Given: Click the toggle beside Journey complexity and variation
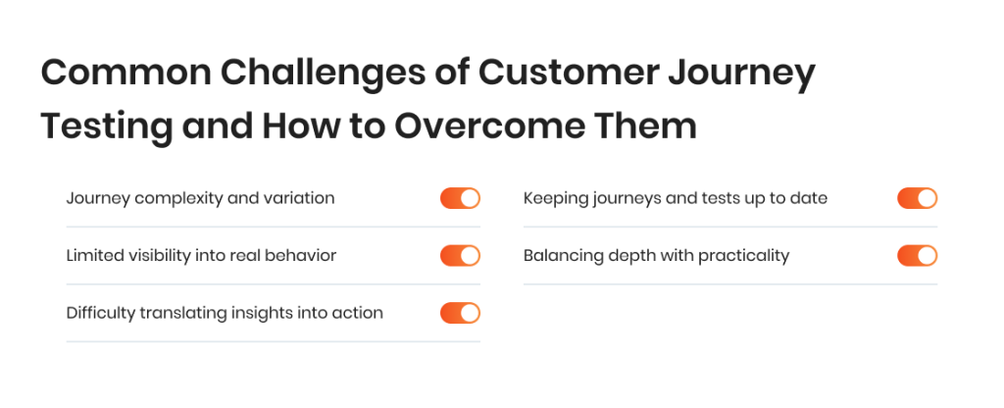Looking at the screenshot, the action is point(460,198).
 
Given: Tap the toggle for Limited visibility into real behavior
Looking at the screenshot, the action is point(460,256).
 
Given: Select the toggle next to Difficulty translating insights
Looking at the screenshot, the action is point(460,313).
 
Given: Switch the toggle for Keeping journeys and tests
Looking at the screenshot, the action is point(917,198).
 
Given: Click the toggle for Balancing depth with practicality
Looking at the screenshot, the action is point(917,256).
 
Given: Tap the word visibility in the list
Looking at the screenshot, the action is point(156,256).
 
